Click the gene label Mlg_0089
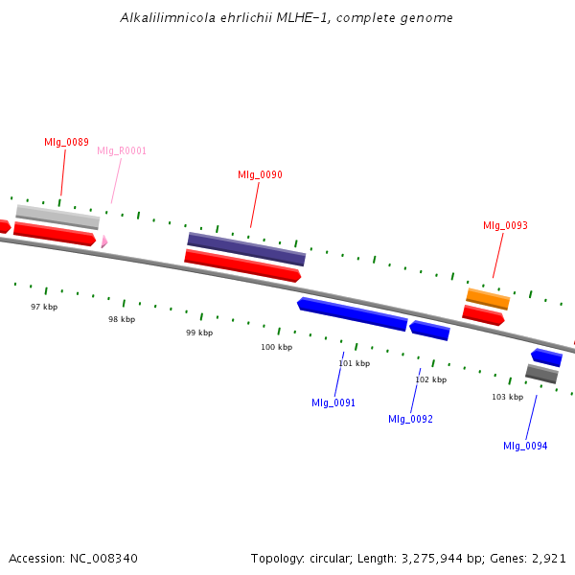tap(66, 142)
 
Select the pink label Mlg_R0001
tap(122, 150)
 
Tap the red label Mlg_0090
tap(260, 174)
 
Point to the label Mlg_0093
tap(505, 225)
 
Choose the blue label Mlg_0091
tap(333, 402)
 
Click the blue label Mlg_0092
tap(410, 419)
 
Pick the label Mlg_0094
tap(525, 446)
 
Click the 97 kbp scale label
tap(44, 307)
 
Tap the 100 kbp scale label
tap(277, 347)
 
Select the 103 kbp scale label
tap(508, 397)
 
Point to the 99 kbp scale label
tap(199, 333)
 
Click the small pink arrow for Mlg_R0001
tap(104, 241)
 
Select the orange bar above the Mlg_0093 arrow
tap(488, 299)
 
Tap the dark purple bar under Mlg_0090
tap(246, 249)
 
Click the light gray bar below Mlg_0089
tap(57, 218)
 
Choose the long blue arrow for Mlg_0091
tap(352, 314)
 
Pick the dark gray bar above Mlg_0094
tap(541, 374)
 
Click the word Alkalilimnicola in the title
tap(168, 17)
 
